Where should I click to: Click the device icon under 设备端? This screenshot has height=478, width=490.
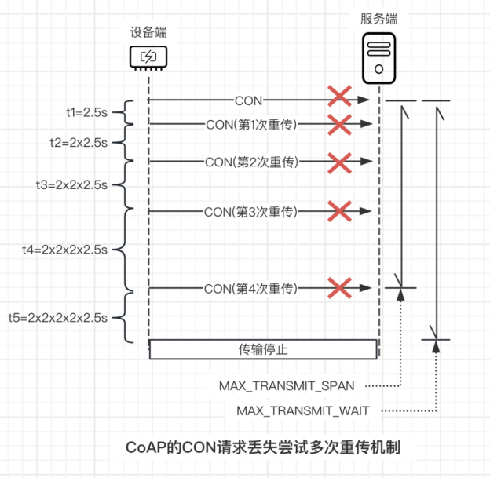coord(148,57)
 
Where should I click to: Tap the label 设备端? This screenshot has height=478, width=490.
coord(148,32)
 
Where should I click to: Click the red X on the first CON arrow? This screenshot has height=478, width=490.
coord(338,98)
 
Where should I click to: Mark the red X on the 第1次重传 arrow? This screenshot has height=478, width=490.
coord(338,123)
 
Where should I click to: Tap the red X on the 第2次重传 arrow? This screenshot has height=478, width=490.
coord(338,162)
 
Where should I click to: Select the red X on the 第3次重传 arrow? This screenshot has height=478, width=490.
coord(338,210)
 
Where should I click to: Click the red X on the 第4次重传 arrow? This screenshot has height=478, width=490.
coord(338,288)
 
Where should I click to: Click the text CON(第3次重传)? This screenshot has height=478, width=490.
coord(250,211)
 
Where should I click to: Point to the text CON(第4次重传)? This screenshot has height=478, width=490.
coord(250,289)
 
